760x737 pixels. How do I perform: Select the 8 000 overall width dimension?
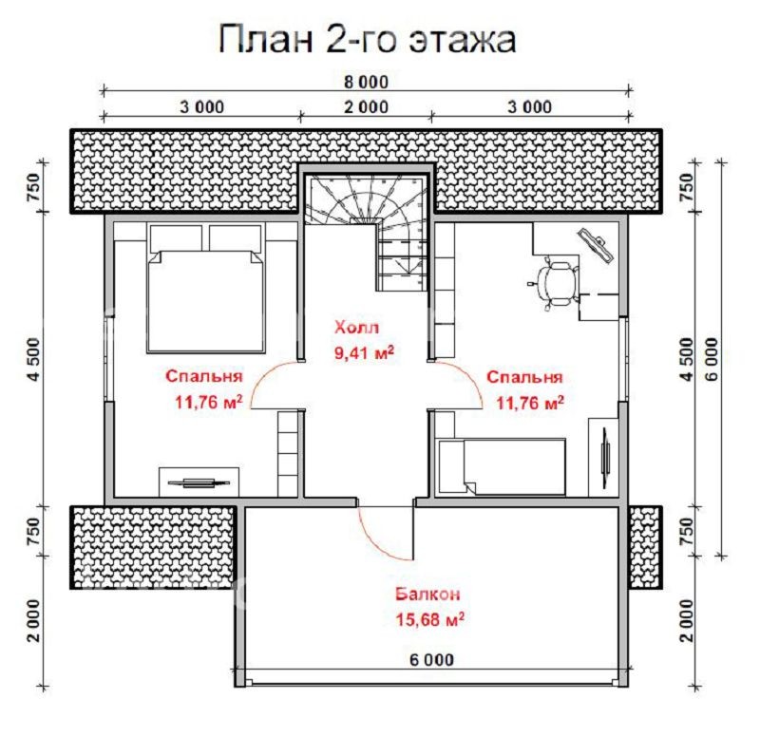tap(365, 82)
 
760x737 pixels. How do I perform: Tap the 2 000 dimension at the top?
tap(365, 106)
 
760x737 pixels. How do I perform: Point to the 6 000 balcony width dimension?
tap(431, 659)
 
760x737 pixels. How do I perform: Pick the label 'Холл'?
tap(355, 328)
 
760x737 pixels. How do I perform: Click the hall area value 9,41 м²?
tap(363, 353)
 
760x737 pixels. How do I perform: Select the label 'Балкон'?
tap(428, 595)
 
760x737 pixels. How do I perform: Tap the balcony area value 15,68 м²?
tap(428, 619)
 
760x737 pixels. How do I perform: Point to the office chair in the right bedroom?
tap(555, 282)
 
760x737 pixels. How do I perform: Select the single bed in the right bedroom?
tap(503, 465)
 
